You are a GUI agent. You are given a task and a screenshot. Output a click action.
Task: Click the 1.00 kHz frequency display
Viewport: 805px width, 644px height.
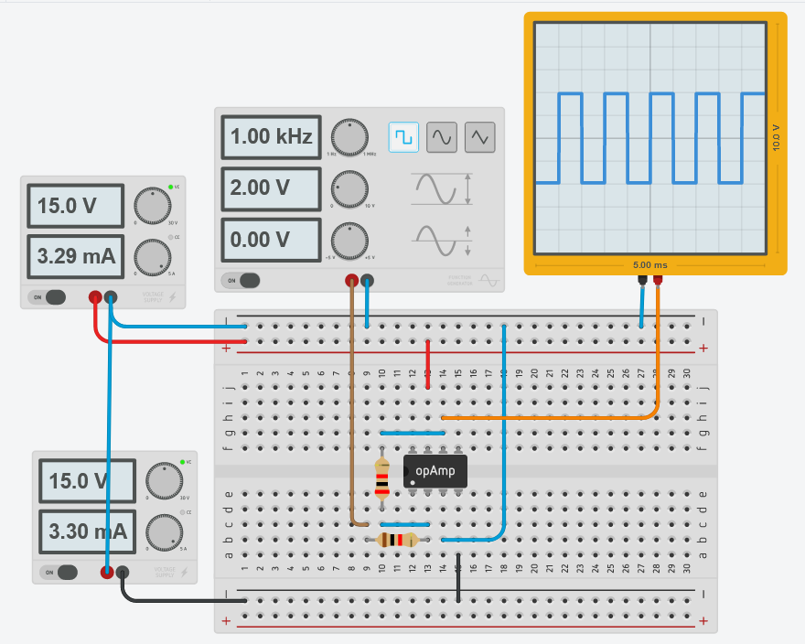coord(271,137)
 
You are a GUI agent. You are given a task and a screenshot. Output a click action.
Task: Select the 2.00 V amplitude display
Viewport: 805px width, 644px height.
coord(271,188)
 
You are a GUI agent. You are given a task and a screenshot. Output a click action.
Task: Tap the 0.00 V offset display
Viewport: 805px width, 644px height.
coord(271,240)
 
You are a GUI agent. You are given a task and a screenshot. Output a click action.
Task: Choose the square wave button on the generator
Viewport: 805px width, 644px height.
coord(402,137)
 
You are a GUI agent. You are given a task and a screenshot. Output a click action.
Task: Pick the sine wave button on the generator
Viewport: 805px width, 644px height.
coord(442,137)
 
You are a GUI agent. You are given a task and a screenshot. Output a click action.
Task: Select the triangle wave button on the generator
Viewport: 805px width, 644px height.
coord(480,137)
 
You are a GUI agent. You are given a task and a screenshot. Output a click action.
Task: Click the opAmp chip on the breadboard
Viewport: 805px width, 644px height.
coord(435,471)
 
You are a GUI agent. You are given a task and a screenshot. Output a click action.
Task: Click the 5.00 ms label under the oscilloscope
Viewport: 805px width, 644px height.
coord(649,265)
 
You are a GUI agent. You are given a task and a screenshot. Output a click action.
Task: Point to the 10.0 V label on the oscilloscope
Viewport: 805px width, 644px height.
coord(777,137)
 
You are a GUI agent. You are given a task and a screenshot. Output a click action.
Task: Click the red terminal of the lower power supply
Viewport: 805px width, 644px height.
coord(107,573)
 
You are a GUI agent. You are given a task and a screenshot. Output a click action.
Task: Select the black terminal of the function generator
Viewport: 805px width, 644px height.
coord(367,281)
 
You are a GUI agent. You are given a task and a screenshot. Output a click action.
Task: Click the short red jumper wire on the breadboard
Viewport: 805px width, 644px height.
coord(428,363)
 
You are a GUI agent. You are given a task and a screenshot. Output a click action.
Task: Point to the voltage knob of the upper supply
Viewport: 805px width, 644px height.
coord(151,203)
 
